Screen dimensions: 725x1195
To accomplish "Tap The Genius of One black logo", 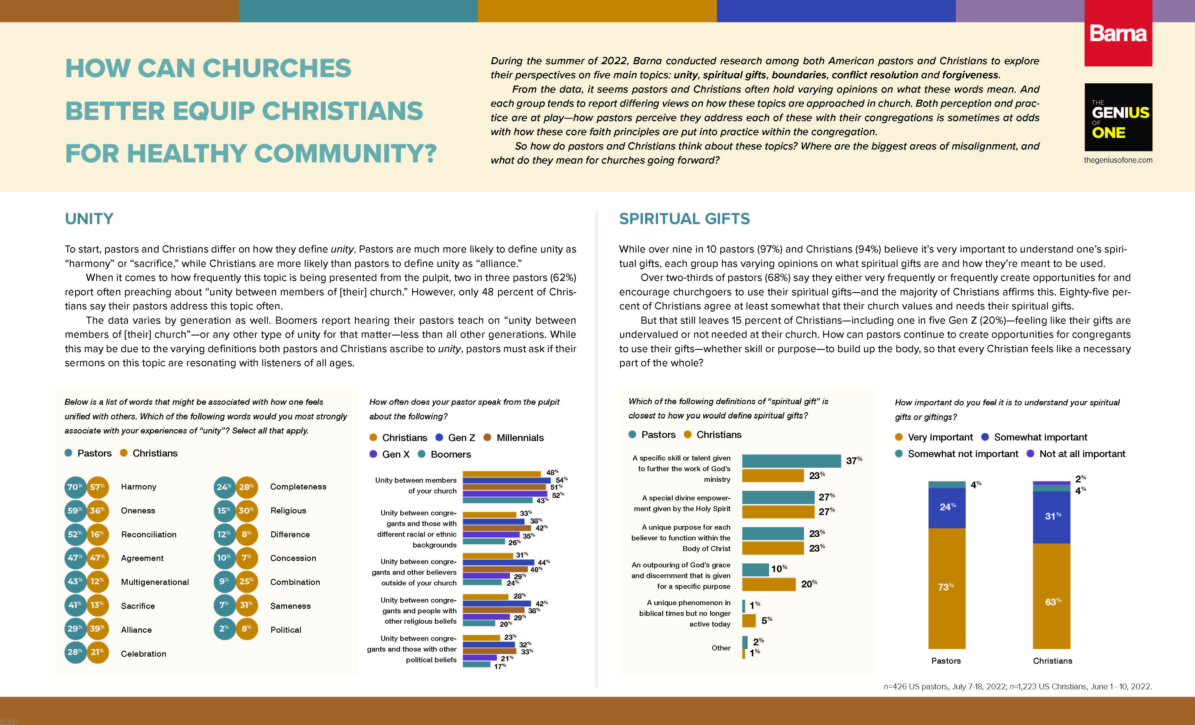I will tap(1118, 117).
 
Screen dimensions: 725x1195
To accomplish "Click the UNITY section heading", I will tap(89, 219).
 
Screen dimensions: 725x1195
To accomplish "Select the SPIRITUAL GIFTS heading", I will tap(684, 219).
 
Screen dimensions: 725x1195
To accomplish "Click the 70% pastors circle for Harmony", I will tap(75, 487).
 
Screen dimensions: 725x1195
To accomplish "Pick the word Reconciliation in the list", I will tap(148, 534).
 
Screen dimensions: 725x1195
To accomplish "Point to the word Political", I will tap(286, 630).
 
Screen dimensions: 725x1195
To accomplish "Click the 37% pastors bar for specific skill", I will tap(791, 461).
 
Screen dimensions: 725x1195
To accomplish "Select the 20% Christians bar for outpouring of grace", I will tap(769, 584).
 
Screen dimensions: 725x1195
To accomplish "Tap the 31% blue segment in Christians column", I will tap(1051, 517).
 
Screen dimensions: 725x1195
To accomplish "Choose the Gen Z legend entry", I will tap(456, 438).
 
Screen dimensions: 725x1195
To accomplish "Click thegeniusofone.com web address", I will tap(1118, 160).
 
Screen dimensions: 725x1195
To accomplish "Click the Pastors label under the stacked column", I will tap(946, 661).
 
